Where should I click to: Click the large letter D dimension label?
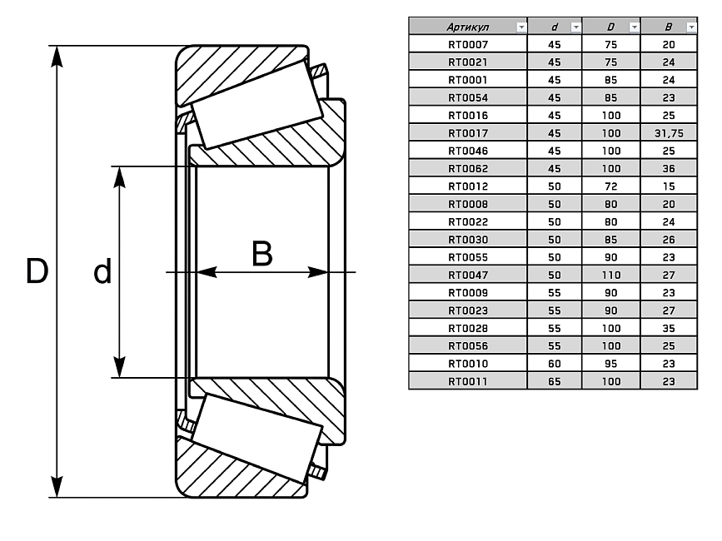[36, 271]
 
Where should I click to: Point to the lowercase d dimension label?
[102, 271]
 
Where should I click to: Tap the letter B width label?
[261, 254]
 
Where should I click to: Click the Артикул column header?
[462, 27]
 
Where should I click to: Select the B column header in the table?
[667, 27]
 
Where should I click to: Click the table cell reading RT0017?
[467, 133]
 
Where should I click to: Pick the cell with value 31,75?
[669, 133]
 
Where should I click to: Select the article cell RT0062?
[467, 168]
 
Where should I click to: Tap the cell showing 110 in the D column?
[611, 275]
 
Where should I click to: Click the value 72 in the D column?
[611, 186]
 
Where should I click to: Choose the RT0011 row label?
[467, 381]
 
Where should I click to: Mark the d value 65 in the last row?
[555, 381]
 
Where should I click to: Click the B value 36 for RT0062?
[669, 168]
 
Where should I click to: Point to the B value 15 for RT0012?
[669, 186]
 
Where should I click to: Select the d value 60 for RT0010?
[555, 364]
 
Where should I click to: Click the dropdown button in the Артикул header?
[521, 27]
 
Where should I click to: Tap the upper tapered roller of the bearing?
[257, 103]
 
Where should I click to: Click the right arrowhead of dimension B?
[316, 272]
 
